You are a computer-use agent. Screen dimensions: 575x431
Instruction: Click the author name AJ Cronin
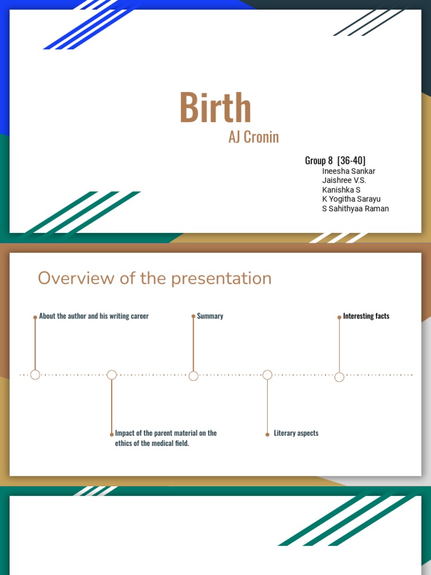click(253, 137)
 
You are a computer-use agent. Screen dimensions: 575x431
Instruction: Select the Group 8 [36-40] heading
click(335, 161)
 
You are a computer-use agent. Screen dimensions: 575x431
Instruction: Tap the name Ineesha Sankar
click(349, 171)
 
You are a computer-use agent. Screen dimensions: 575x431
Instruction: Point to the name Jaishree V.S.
click(344, 180)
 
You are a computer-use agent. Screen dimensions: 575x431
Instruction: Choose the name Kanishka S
click(341, 190)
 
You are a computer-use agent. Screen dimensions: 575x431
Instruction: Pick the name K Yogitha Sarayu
click(351, 199)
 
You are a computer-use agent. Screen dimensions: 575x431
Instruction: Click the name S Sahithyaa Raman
click(355, 209)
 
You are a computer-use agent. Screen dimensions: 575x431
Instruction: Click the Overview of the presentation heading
click(154, 278)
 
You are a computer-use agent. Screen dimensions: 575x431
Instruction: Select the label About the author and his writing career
click(94, 316)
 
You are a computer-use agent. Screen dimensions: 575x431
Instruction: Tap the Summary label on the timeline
click(210, 316)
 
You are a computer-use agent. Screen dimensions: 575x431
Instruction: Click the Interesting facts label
click(366, 316)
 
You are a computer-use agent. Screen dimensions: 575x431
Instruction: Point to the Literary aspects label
click(296, 433)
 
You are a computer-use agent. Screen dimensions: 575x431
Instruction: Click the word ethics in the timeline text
click(124, 444)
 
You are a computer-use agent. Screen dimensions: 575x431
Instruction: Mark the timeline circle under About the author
click(35, 375)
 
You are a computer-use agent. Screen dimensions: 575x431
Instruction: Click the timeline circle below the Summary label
click(194, 376)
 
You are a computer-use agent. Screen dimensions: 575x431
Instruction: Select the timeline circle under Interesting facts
click(339, 377)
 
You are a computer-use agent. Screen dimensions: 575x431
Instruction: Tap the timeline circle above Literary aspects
click(267, 375)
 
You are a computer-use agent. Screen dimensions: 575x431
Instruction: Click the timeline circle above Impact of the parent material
click(112, 375)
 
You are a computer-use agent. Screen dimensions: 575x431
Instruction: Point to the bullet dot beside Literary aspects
click(267, 434)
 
